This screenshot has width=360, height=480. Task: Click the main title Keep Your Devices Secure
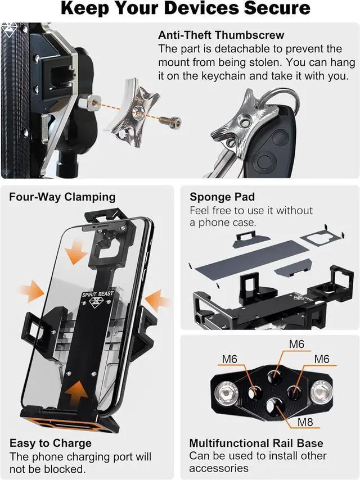click(x=185, y=8)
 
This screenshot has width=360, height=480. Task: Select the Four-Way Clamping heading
click(x=62, y=197)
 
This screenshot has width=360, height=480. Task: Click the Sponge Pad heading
click(x=222, y=197)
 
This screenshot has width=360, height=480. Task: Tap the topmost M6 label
click(x=297, y=343)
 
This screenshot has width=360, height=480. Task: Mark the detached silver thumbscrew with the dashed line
click(x=133, y=115)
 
